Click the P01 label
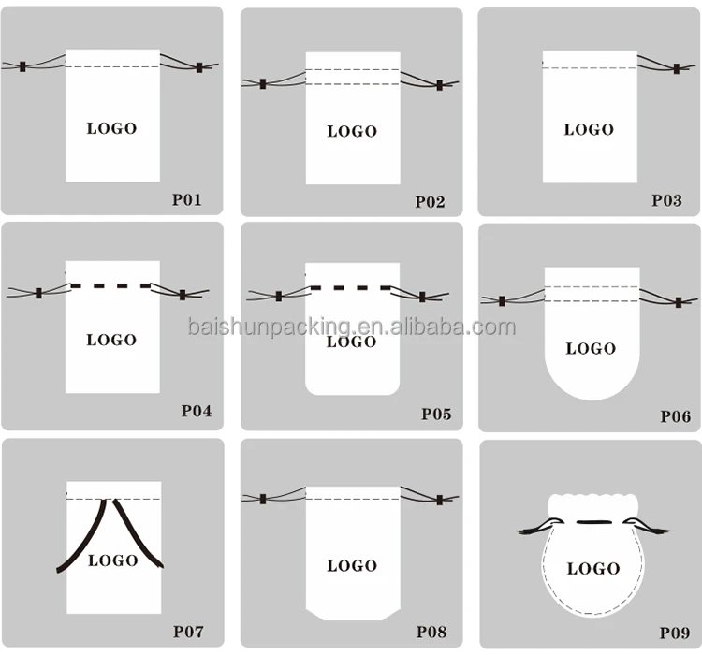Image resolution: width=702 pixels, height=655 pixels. (187, 198)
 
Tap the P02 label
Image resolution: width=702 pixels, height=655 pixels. (431, 201)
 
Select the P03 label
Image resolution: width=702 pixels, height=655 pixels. (667, 199)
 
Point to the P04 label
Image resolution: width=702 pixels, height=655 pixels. (197, 410)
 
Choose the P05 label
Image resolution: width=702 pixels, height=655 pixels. (436, 413)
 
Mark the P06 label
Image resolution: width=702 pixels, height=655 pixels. (675, 416)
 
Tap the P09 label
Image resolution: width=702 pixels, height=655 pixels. (675, 633)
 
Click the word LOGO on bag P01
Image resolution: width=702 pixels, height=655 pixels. (111, 128)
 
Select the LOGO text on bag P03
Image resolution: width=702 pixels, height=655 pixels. (589, 129)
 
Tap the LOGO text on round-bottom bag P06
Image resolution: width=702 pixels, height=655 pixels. (591, 348)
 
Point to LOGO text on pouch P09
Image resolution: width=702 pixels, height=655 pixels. (593, 568)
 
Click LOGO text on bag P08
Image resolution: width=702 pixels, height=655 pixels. (352, 565)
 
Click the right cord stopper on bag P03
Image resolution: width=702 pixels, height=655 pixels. (677, 69)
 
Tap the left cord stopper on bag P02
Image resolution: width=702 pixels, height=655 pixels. (263, 84)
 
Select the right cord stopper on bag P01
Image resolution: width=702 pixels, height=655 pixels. (199, 67)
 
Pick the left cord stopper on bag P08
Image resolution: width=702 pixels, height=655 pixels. (264, 499)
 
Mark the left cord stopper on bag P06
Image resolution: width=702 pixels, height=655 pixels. (503, 301)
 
